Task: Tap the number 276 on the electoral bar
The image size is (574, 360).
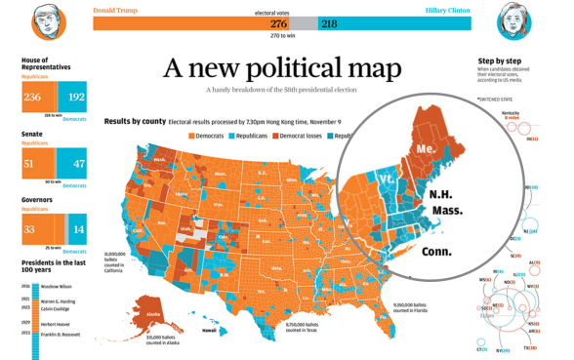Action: (278, 23)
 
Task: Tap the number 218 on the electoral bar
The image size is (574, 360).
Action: (329, 23)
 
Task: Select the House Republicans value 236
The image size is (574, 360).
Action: (33, 98)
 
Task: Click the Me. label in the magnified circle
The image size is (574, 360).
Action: (425, 148)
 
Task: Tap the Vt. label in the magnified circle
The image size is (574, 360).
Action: (387, 181)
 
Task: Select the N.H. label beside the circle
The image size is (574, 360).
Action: (441, 194)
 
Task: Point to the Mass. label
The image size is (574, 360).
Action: (445, 210)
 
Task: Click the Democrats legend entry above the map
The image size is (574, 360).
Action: (206, 136)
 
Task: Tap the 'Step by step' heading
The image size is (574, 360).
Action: (498, 61)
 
